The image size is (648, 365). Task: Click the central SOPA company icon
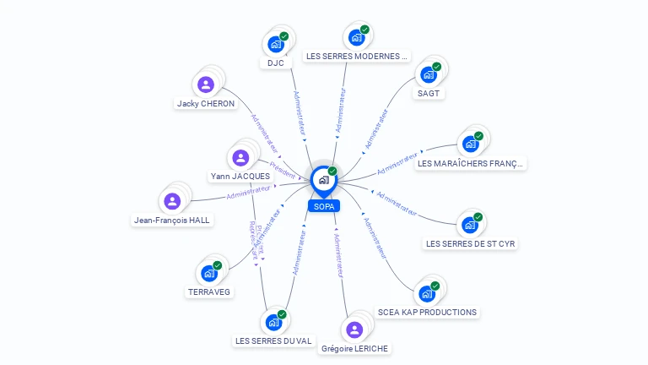point(322,180)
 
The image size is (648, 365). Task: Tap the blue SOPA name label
point(323,205)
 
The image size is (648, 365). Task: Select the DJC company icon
point(275,44)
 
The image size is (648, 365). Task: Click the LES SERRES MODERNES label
point(357,56)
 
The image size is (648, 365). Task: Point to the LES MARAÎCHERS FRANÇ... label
point(471,163)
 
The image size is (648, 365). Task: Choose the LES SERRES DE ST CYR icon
point(469,226)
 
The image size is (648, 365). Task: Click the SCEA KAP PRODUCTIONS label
point(427,312)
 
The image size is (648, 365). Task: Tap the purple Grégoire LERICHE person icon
point(354,330)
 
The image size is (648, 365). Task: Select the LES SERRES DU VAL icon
point(273,322)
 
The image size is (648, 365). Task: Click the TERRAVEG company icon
point(208,274)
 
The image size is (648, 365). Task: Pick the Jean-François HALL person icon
point(172,201)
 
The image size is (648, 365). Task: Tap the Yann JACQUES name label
point(240,177)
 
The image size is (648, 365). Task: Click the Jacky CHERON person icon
point(205,84)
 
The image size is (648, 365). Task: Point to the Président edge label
point(283,170)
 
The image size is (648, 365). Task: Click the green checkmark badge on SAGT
point(436,66)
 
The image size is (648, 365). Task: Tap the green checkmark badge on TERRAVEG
point(217,265)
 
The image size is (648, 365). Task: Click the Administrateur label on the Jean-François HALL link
point(248,193)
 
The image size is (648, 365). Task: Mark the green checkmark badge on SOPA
point(332,172)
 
